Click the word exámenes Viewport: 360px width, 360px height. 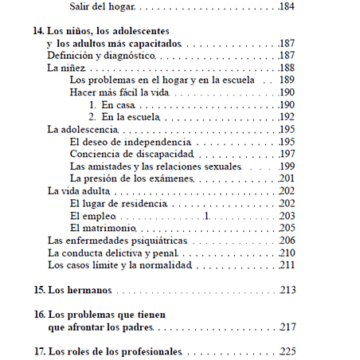(x=172, y=178)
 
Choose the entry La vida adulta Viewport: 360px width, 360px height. (x=79, y=191)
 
